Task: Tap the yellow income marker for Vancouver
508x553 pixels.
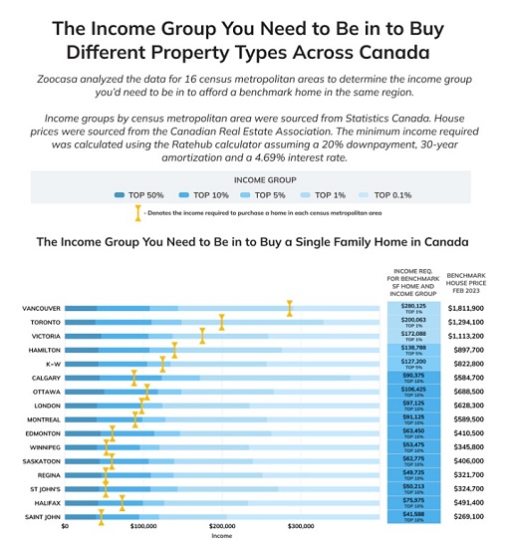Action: click(x=289, y=309)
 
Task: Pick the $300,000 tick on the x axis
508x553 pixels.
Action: click(x=300, y=525)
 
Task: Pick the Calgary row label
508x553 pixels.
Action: click(x=46, y=379)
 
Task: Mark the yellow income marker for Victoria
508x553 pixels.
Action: click(x=202, y=337)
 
